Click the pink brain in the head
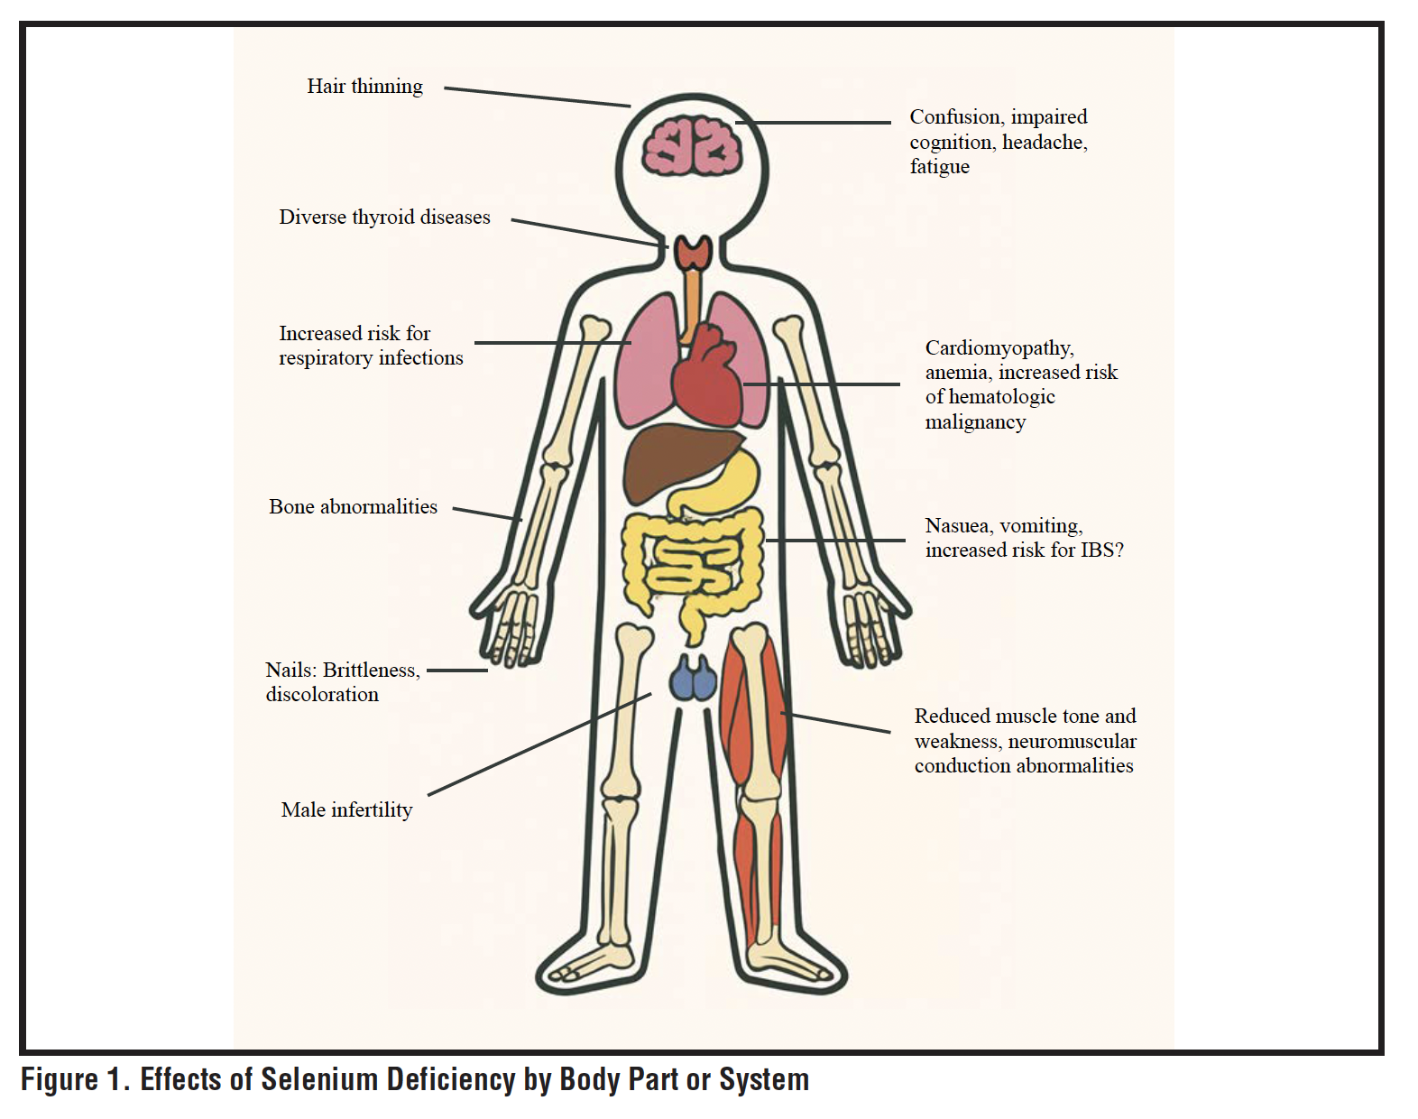pos(692,147)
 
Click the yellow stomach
pos(722,483)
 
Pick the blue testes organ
pos(693,679)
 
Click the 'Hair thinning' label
pos(364,87)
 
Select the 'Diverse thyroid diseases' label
pos(384,217)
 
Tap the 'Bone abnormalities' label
pos(353,507)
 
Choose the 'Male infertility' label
pos(346,810)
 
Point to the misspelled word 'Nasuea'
pos(958,526)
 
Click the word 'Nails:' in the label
pos(290,670)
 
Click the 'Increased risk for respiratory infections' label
pos(370,346)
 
